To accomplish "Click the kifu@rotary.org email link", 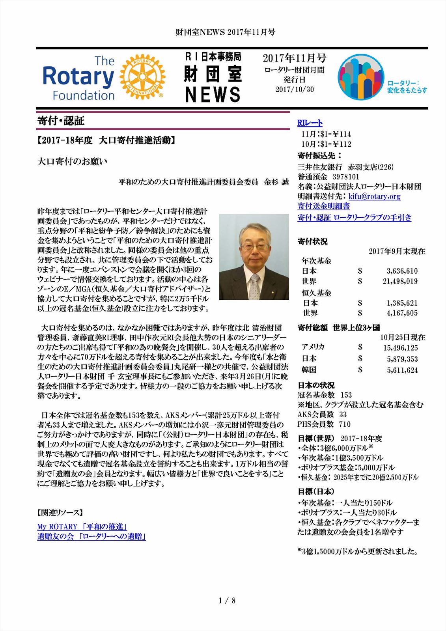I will [374, 196].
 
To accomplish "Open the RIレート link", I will [310, 123].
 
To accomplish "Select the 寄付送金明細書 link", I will [323, 206].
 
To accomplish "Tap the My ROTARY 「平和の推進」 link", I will [82, 526].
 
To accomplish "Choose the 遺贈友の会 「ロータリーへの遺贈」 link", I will [91, 536].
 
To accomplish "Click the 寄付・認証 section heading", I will [61, 121].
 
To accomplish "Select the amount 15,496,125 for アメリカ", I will [400, 348].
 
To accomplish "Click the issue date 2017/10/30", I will [295, 90].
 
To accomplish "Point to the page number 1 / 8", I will [227, 601].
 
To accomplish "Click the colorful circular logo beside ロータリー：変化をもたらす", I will [360, 77].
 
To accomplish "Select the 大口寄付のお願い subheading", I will [72, 161].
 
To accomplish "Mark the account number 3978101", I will [346, 177].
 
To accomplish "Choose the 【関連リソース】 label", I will [60, 512].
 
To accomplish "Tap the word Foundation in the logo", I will [84, 95].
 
